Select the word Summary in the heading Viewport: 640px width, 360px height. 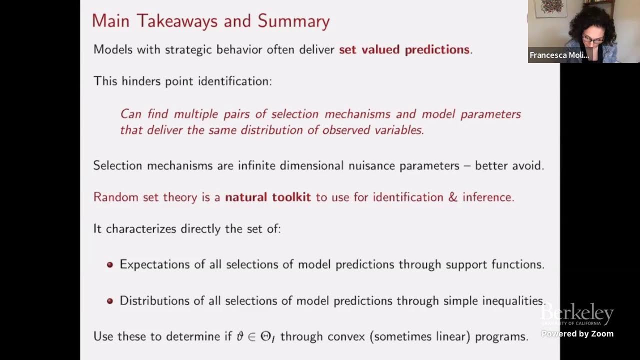pos(293,21)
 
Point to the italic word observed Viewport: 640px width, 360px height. pos(344,130)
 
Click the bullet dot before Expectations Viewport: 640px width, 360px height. pos(110,264)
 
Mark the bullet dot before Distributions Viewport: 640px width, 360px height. pos(110,301)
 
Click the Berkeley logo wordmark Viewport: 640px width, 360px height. pos(577,314)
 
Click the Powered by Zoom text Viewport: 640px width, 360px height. pos(577,333)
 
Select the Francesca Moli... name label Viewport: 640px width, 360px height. pos(559,55)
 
